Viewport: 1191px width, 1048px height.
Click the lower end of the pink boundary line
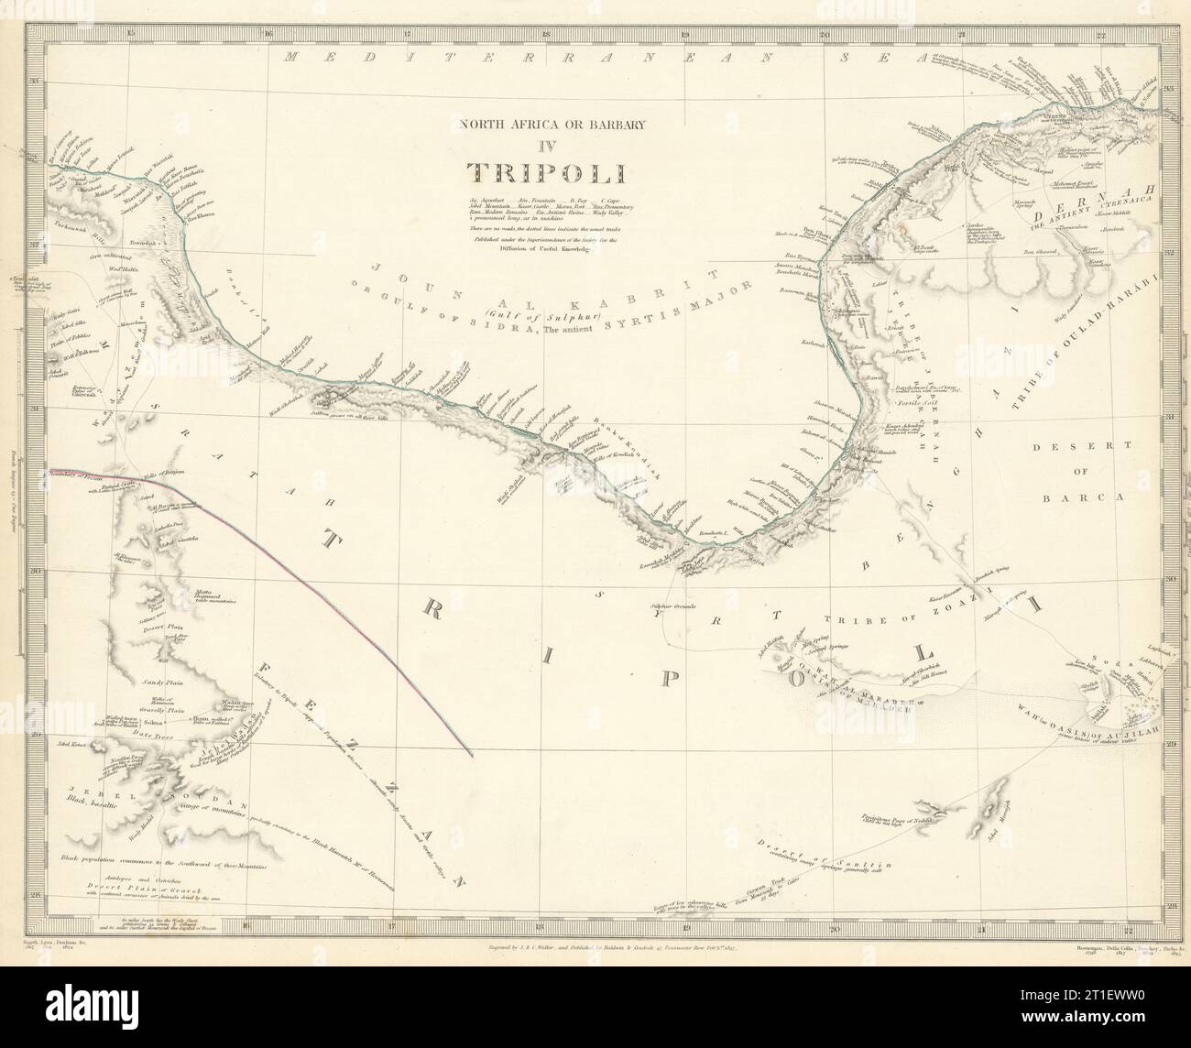(471, 755)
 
